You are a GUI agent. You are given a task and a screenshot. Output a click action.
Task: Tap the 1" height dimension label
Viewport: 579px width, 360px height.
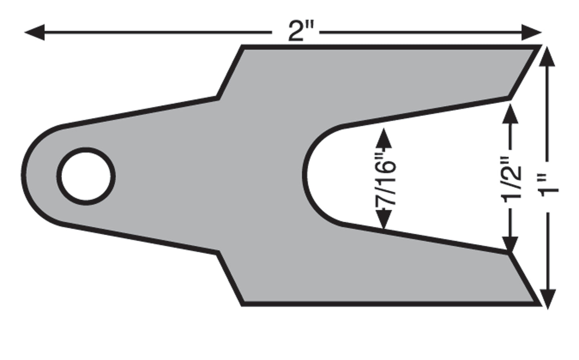tap(549, 185)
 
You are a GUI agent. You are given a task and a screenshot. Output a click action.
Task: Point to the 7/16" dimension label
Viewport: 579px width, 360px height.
tap(385, 179)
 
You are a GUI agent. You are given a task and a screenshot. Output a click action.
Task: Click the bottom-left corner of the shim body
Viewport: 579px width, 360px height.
tap(242, 304)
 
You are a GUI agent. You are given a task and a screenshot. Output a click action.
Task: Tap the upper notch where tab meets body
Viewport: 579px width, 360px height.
tap(218, 97)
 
